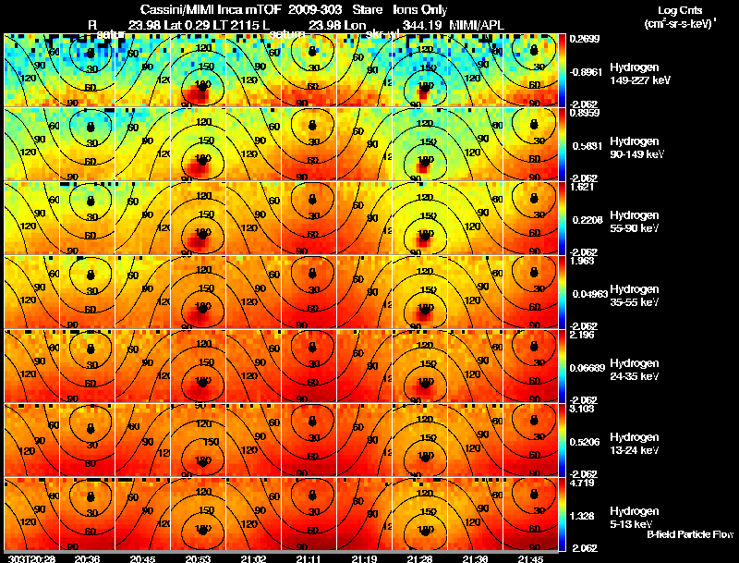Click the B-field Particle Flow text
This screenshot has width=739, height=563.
pyautogui.click(x=689, y=535)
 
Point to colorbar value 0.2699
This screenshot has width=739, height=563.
pyautogui.click(x=585, y=39)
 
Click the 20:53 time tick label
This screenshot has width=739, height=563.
pyautogui.click(x=196, y=558)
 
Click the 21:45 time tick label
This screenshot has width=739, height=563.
pyautogui.click(x=530, y=558)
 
